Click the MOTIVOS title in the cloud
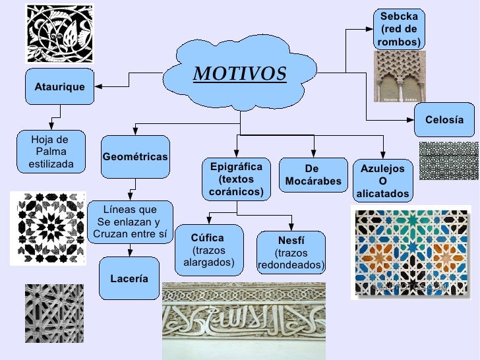[239, 74]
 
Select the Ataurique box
[59, 87]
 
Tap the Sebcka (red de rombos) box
[400, 30]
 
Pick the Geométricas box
[135, 157]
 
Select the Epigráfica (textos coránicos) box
[236, 179]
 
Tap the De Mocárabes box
[313, 175]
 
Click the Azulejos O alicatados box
[382, 181]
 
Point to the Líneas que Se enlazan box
[130, 222]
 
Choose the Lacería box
[129, 279]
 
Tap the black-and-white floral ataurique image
[59, 34]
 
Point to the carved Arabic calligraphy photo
[243, 320]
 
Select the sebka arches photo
[400, 77]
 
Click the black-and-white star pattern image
[48, 228]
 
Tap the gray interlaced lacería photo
[54, 313]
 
